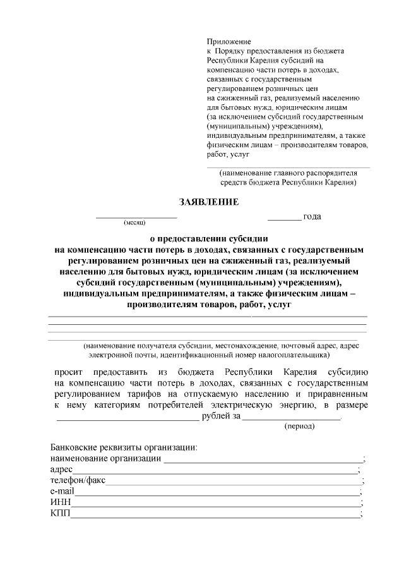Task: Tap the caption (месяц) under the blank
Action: click(134, 223)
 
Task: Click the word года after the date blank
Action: click(312, 217)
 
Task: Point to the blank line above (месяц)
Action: click(136, 218)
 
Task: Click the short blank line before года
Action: click(284, 219)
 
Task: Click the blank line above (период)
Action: click(292, 419)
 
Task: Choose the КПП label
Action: click(60, 513)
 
